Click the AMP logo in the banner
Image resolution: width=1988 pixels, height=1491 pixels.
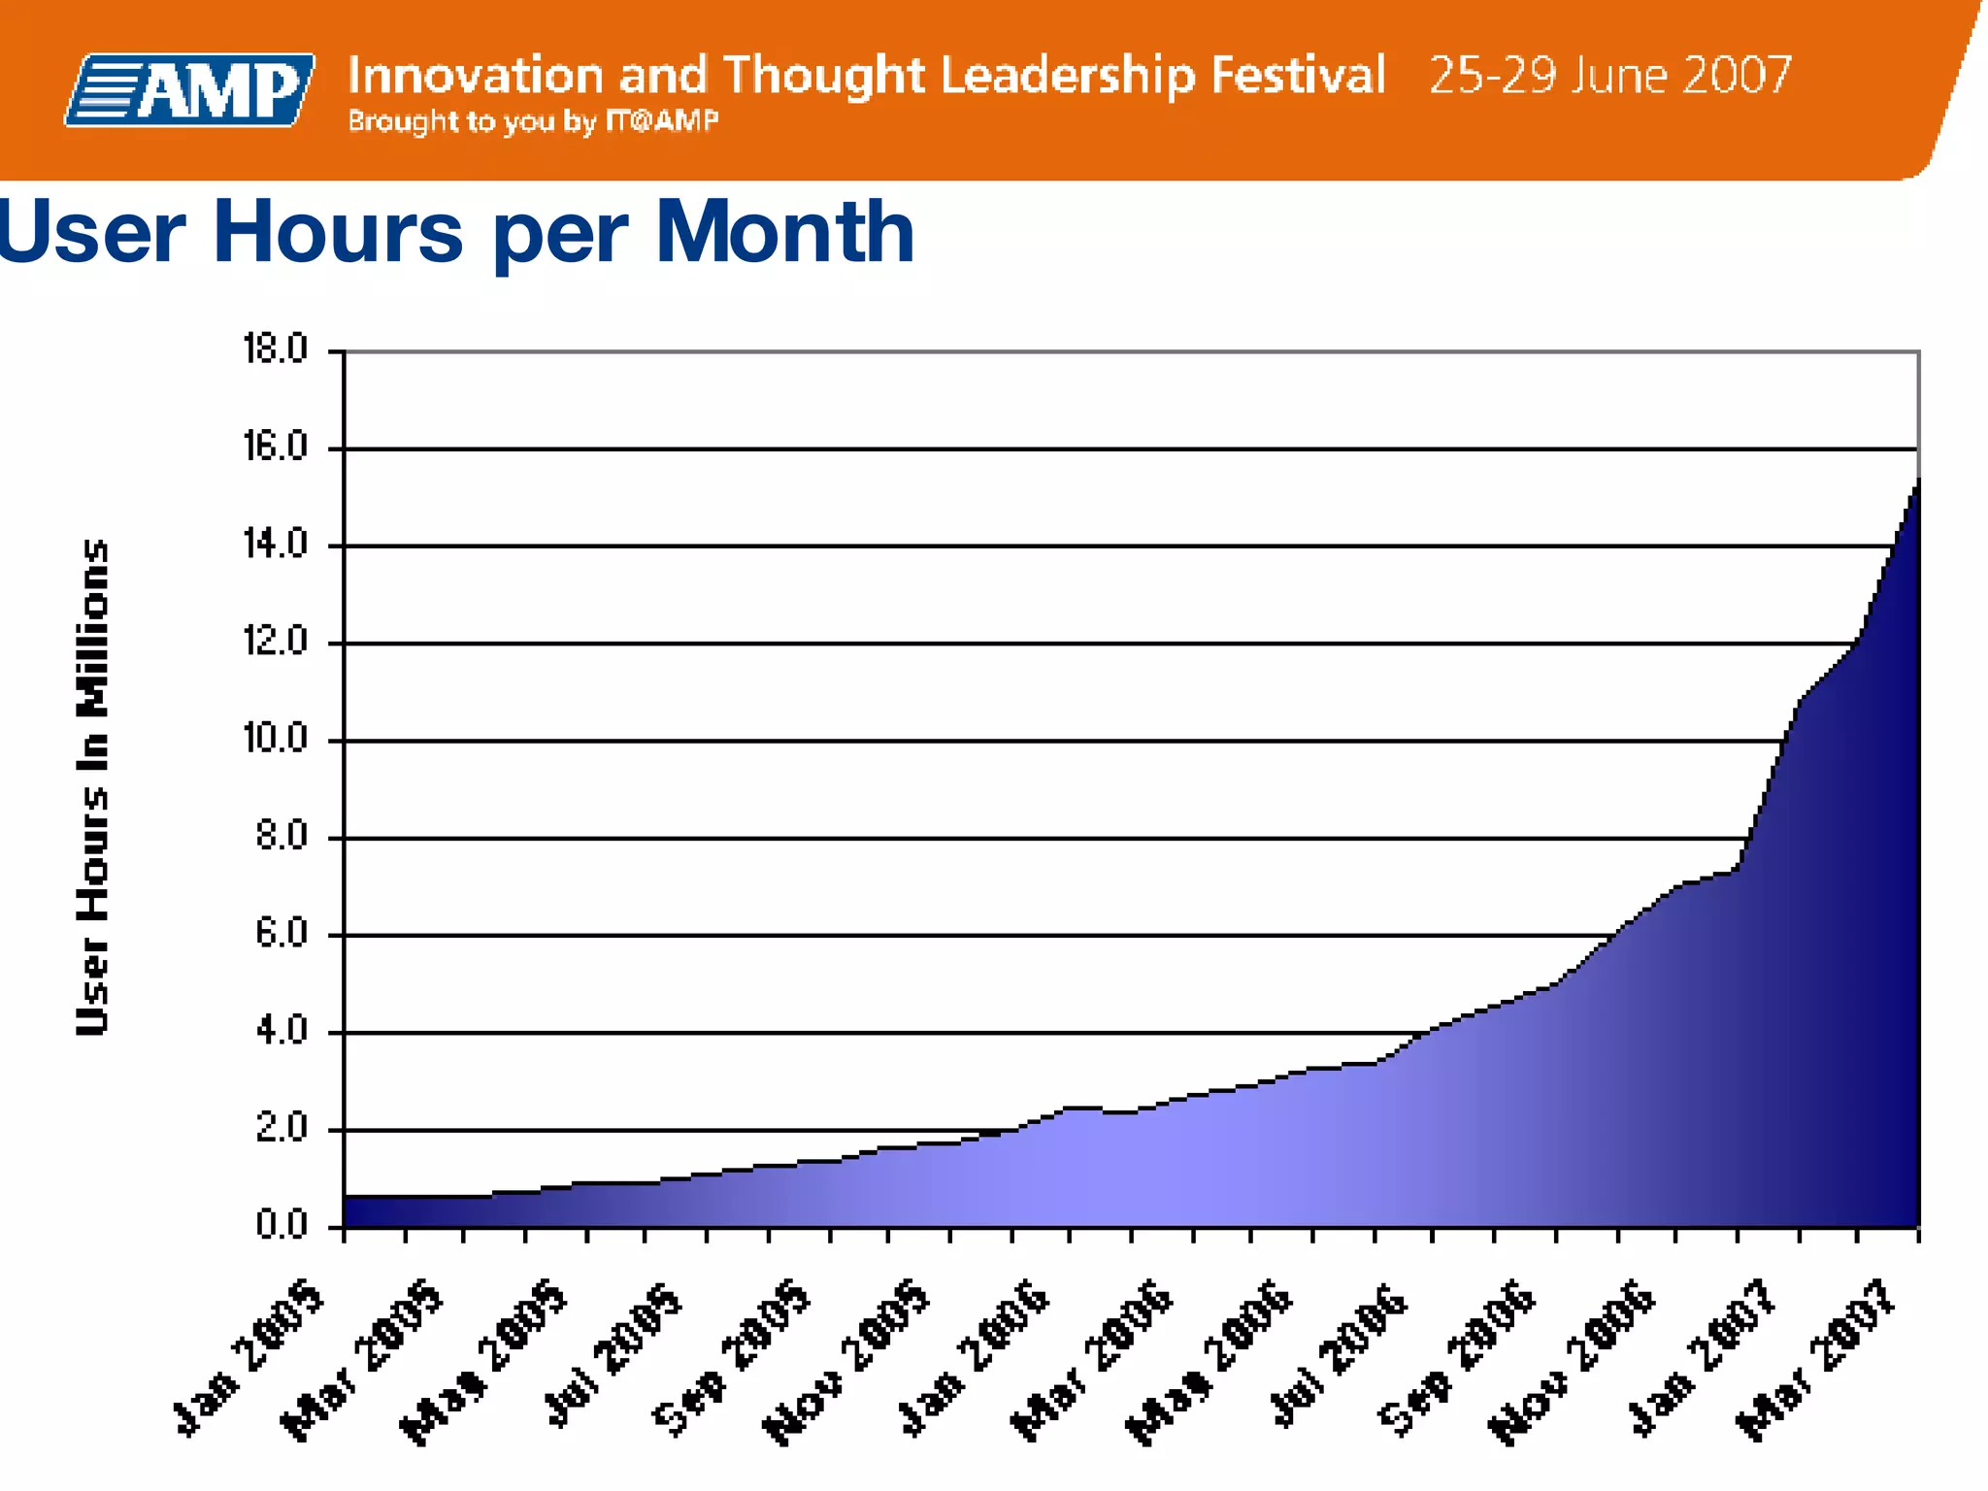(x=190, y=90)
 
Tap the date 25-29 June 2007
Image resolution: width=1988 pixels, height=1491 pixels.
(x=1609, y=76)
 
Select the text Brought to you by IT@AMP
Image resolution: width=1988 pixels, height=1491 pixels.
(x=533, y=121)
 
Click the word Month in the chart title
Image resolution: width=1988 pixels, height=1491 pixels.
(x=784, y=232)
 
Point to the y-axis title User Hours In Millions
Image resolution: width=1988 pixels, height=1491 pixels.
(x=92, y=787)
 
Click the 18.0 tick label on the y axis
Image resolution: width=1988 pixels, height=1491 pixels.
(x=275, y=349)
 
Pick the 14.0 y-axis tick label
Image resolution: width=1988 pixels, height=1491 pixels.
(x=275, y=545)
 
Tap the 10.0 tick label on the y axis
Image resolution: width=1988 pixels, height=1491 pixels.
(x=275, y=740)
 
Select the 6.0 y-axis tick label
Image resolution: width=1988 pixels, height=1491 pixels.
(x=282, y=934)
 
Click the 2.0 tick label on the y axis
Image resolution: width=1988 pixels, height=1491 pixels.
(x=282, y=1129)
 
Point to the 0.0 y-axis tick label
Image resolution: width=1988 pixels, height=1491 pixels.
(x=282, y=1226)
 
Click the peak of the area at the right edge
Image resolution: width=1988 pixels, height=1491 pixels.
(x=1917, y=480)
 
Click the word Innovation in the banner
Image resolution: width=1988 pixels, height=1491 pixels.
(x=475, y=76)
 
